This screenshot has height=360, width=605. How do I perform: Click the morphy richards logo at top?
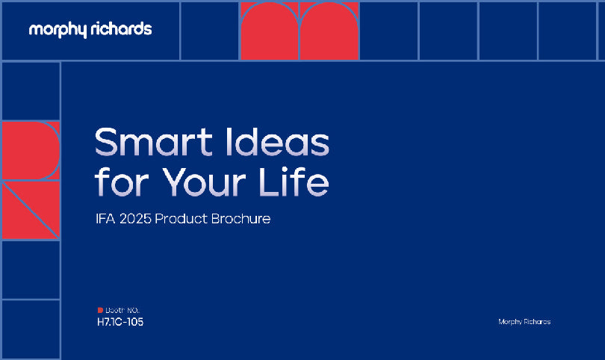[90, 30]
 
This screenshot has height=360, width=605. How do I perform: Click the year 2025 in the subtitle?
[140, 220]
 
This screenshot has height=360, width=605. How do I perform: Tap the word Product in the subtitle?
[182, 220]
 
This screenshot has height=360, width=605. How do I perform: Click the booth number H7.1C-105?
[120, 323]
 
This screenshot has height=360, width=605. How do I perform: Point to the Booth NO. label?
[122, 310]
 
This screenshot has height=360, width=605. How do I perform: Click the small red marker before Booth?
[100, 310]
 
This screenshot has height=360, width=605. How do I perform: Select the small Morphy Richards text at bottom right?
[524, 322]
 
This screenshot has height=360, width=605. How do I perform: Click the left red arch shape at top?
[269, 32]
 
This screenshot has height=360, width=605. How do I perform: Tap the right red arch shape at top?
[329, 32]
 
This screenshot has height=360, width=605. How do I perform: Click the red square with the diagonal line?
[31, 210]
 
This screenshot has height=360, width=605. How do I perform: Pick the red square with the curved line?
[31, 150]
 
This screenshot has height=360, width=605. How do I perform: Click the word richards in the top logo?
[121, 29]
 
